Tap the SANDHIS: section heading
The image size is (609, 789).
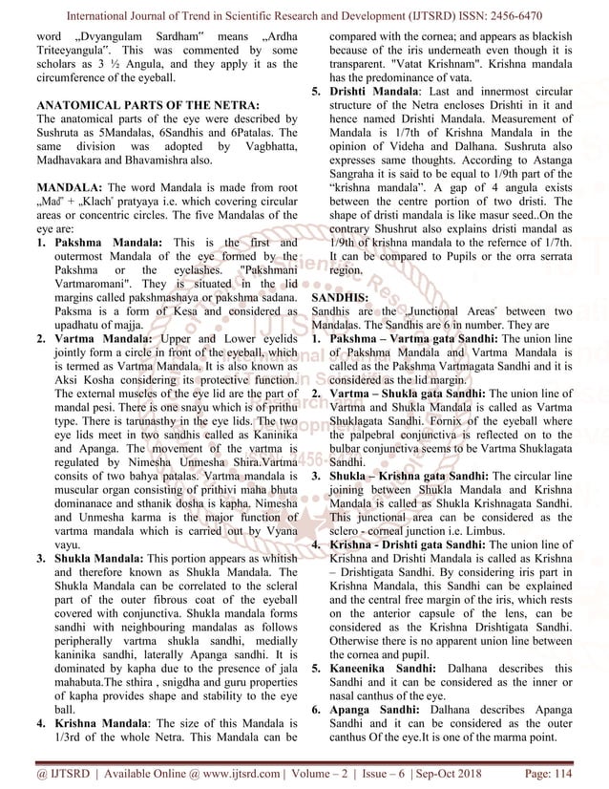tap(339, 298)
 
